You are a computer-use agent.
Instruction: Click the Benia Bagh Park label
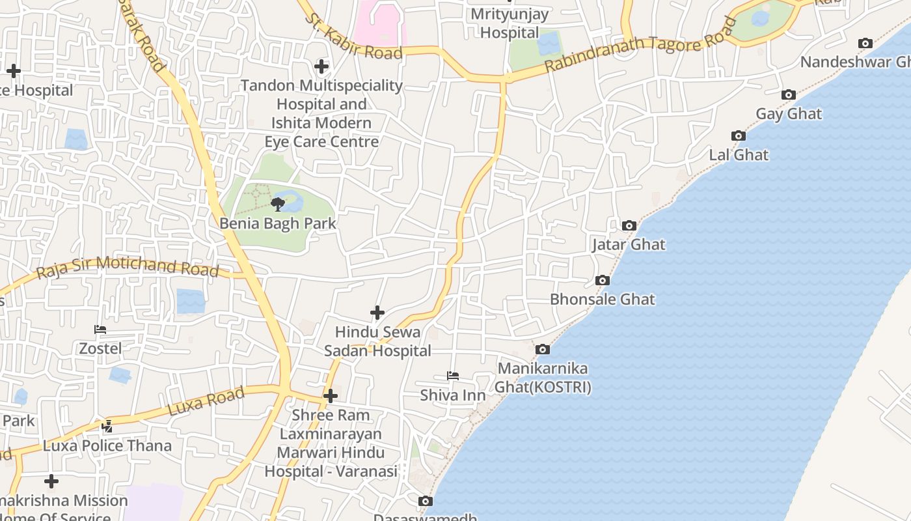(x=278, y=223)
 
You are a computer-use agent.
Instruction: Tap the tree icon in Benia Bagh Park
(x=278, y=204)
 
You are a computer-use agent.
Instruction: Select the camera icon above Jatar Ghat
(x=629, y=225)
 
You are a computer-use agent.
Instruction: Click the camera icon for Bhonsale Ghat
(x=603, y=280)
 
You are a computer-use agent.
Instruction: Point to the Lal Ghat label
(x=739, y=155)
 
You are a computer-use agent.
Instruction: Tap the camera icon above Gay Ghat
(x=789, y=95)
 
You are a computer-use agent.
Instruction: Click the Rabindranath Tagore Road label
(x=640, y=44)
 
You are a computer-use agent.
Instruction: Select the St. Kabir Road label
(x=355, y=38)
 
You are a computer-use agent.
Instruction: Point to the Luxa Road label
(x=206, y=401)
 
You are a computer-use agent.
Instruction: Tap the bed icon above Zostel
(x=100, y=330)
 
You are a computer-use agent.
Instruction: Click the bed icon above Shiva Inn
(x=453, y=376)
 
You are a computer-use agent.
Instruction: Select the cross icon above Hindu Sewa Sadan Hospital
(x=377, y=313)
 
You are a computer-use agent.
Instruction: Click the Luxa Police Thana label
(x=107, y=446)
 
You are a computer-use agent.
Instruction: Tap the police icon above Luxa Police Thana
(x=107, y=427)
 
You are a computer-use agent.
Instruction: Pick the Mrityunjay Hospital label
(x=510, y=23)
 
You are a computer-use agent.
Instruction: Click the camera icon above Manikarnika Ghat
(x=542, y=350)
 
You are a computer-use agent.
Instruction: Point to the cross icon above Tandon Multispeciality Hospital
(x=321, y=66)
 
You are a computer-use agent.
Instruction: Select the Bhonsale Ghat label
(x=603, y=300)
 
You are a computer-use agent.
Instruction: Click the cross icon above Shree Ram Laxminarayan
(x=331, y=396)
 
